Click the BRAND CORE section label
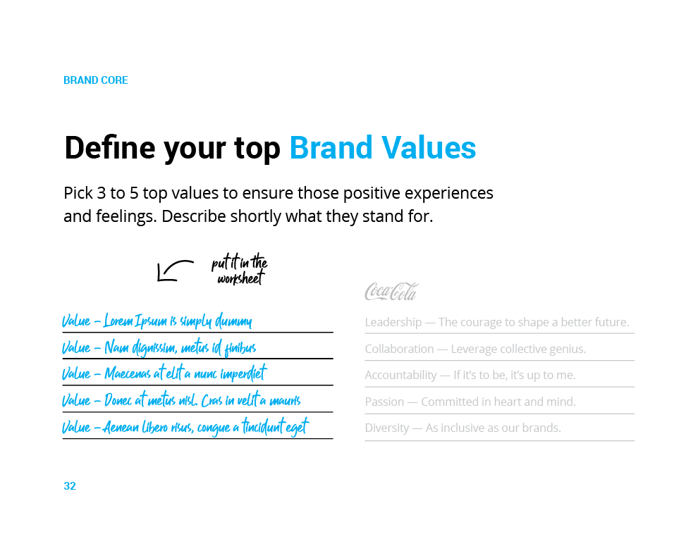pos(96,80)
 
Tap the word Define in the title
pos(110,148)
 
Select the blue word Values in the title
pos(428,148)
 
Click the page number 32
pos(70,486)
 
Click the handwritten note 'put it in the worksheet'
pos(240,269)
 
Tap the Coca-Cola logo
pos(391,292)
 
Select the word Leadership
pos(393,323)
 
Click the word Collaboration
pos(399,349)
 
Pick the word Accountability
pos(400,376)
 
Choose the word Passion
pos(384,402)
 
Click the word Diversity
pos(387,428)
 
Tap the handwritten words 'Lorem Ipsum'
pos(135,321)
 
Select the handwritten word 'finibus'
pos(240,348)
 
